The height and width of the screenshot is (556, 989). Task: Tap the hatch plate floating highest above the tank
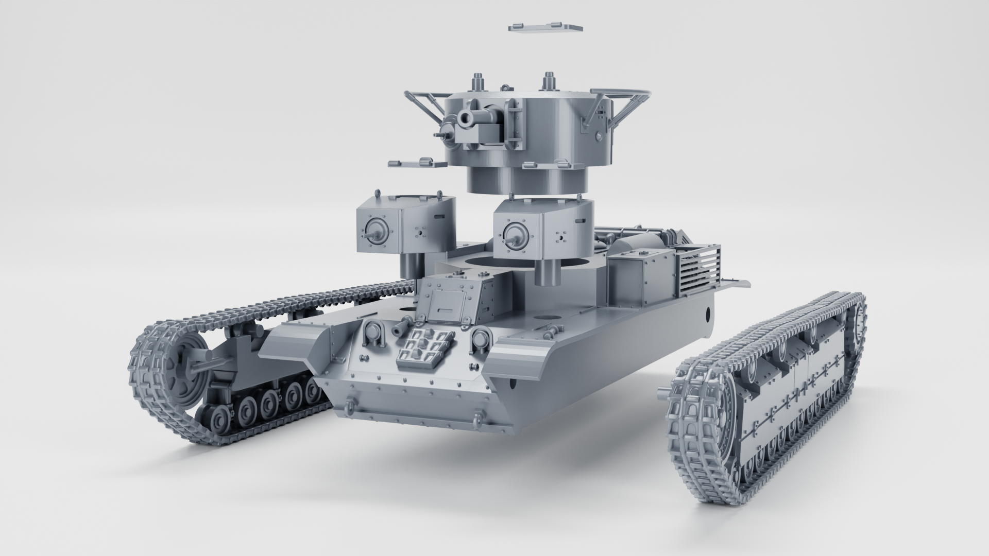click(545, 27)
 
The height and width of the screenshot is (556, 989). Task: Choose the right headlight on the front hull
click(480, 338)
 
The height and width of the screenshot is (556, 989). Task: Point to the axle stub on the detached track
click(664, 396)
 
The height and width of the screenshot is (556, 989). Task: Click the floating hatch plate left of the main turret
click(417, 163)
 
